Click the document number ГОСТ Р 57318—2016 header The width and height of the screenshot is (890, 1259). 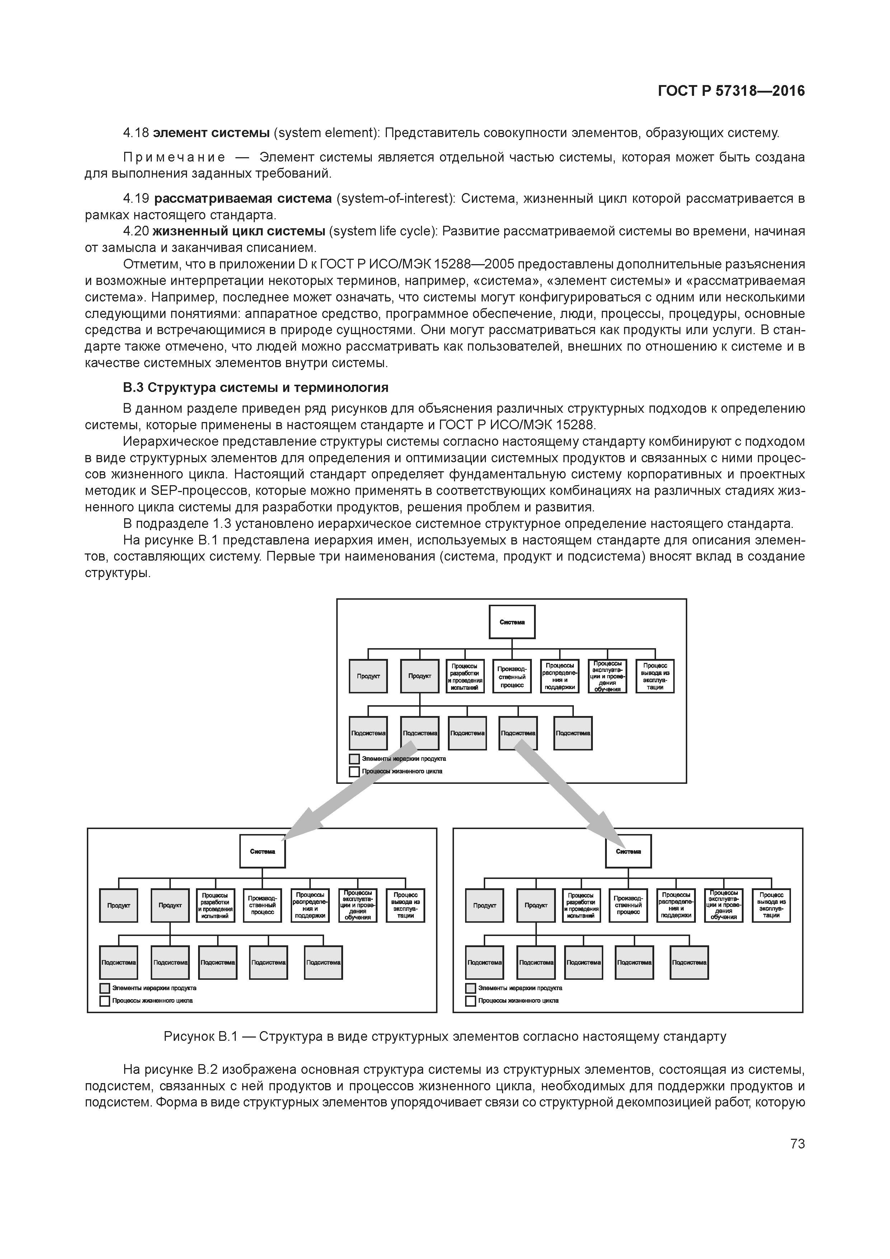(731, 90)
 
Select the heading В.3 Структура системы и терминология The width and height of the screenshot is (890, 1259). (255, 388)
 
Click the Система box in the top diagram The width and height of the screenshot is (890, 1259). (512, 622)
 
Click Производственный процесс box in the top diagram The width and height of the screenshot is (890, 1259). (512, 676)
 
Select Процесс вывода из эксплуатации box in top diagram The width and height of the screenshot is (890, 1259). (655, 676)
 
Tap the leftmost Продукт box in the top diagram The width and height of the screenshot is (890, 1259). (368, 676)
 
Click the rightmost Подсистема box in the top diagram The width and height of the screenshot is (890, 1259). (572, 733)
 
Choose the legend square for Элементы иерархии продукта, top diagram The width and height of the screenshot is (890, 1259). (354, 759)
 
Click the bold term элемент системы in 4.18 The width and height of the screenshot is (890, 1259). (211, 133)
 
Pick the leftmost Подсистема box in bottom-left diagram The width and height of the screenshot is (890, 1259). (118, 962)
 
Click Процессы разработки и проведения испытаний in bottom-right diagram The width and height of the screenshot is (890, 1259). (581, 905)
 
